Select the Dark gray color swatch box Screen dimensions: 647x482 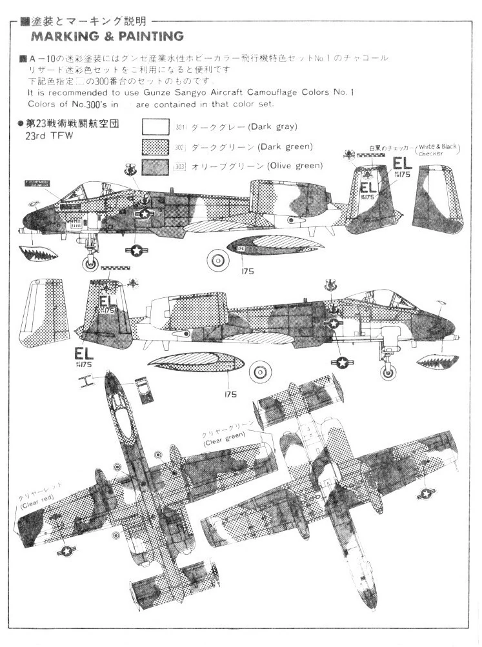click(156, 126)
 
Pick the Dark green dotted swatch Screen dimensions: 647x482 click(156, 146)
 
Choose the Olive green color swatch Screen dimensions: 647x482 click(156, 167)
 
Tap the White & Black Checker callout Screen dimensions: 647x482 click(437, 150)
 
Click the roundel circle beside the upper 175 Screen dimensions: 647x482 click(214, 260)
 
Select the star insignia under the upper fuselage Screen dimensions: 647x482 click(136, 250)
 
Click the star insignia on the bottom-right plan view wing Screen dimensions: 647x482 click(425, 493)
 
